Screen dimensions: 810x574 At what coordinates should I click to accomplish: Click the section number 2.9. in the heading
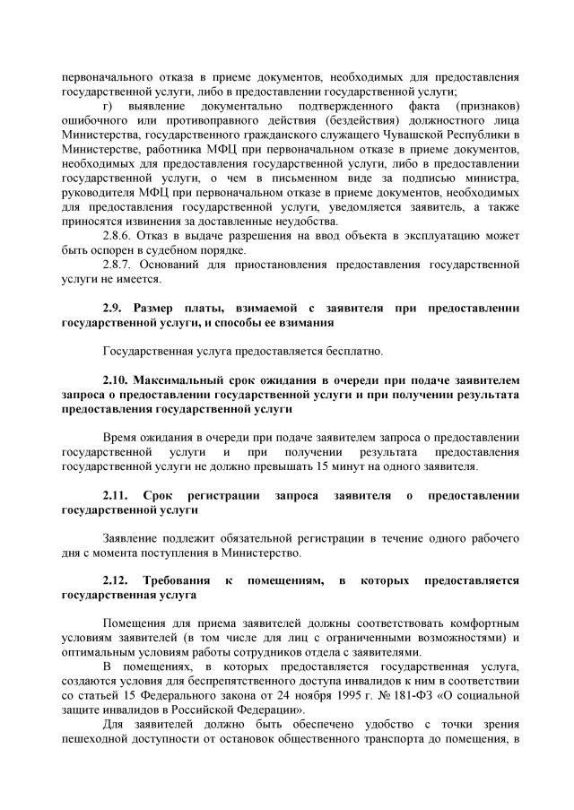(x=115, y=309)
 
